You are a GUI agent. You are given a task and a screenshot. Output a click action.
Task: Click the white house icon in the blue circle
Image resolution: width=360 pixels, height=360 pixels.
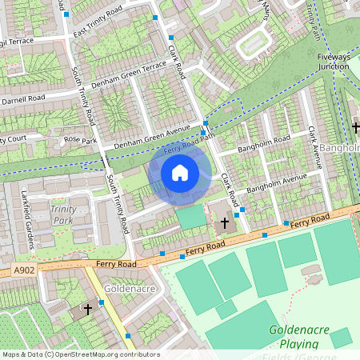coord(180,172)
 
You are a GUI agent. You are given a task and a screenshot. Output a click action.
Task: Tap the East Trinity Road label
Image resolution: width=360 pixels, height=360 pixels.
coord(97,22)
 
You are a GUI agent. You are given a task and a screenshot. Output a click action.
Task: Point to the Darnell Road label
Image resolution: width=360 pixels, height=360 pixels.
coord(23,99)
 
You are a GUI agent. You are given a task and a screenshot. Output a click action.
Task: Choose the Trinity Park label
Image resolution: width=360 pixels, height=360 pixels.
coord(63,214)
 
